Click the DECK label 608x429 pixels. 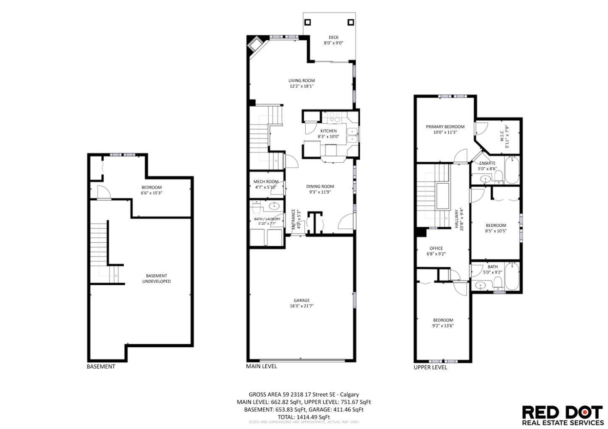tap(333, 37)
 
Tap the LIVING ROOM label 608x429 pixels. tap(301, 81)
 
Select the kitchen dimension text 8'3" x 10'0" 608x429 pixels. tap(328, 136)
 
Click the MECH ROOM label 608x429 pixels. tap(266, 182)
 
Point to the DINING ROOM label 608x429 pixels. tap(320, 187)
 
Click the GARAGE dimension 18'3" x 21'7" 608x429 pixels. tap(301, 306)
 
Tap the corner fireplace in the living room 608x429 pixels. tap(255, 43)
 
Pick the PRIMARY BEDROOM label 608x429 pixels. tap(445, 127)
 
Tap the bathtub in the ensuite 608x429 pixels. tap(512, 170)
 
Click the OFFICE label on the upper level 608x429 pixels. tap(436, 248)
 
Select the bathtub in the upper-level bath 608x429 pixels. tap(512, 276)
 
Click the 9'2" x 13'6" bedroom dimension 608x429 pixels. tap(443, 325)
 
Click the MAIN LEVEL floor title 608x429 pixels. tap(261, 366)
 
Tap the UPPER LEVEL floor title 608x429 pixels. tap(430, 367)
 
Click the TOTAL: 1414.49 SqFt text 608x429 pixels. tap(304, 417)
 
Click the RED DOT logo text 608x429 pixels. tap(562, 412)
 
